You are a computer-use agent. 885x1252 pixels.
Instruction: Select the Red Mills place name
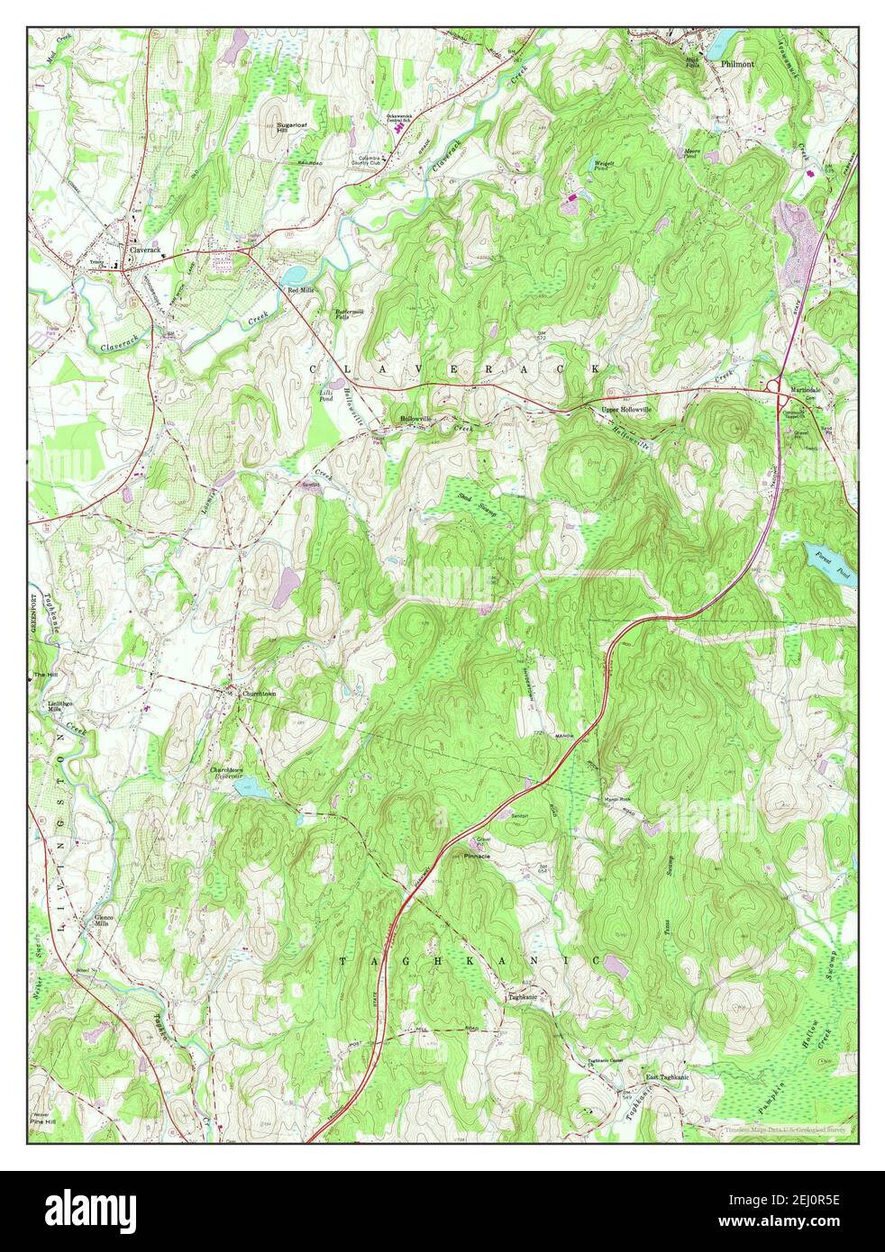click(x=300, y=290)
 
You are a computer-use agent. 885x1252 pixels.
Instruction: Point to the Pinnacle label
click(x=477, y=857)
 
